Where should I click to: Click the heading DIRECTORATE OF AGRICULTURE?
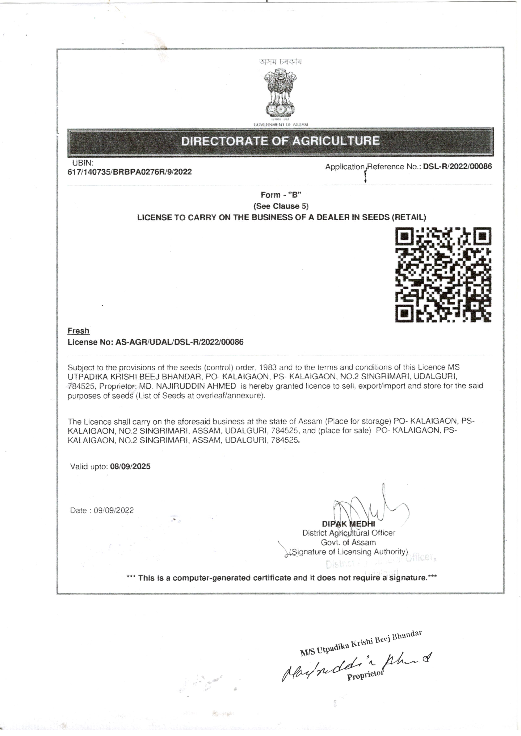(x=280, y=141)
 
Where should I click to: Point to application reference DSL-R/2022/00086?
(x=457, y=166)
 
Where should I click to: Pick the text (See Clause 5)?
(x=281, y=206)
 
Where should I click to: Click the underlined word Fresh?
(x=78, y=331)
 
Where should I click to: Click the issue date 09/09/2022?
(x=114, y=511)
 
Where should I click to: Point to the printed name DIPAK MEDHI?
(x=348, y=524)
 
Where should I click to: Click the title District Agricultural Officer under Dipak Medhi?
(x=349, y=533)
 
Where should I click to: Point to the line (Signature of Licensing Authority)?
(x=348, y=552)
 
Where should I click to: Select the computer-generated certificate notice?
(x=281, y=578)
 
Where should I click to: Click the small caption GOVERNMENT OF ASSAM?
(x=281, y=124)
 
